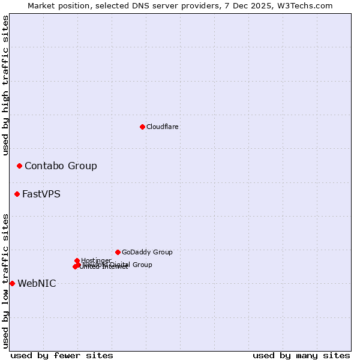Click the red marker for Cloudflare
click(142, 127)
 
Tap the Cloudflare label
click(163, 127)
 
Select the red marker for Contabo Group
click(19, 166)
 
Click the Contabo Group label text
click(61, 166)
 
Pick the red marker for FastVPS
click(17, 194)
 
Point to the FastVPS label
click(41, 194)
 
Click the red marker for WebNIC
click(12, 283)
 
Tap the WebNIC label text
click(37, 283)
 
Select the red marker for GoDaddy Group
click(118, 252)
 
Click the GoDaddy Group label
click(147, 252)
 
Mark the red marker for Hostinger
click(77, 260)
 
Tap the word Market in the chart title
click(41, 5)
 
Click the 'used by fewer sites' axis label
click(62, 355)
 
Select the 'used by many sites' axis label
click(301, 355)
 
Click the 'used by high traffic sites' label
click(5, 85)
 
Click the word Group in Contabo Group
click(82, 166)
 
